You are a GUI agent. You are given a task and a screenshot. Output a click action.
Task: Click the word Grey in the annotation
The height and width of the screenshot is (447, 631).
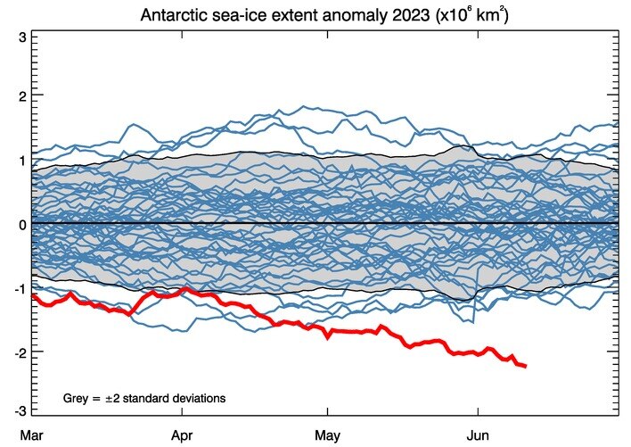coord(77,396)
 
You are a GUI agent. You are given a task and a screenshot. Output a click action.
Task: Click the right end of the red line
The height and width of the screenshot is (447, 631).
coord(526,366)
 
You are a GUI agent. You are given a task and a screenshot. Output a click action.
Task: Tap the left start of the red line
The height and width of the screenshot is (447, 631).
coord(33,294)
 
